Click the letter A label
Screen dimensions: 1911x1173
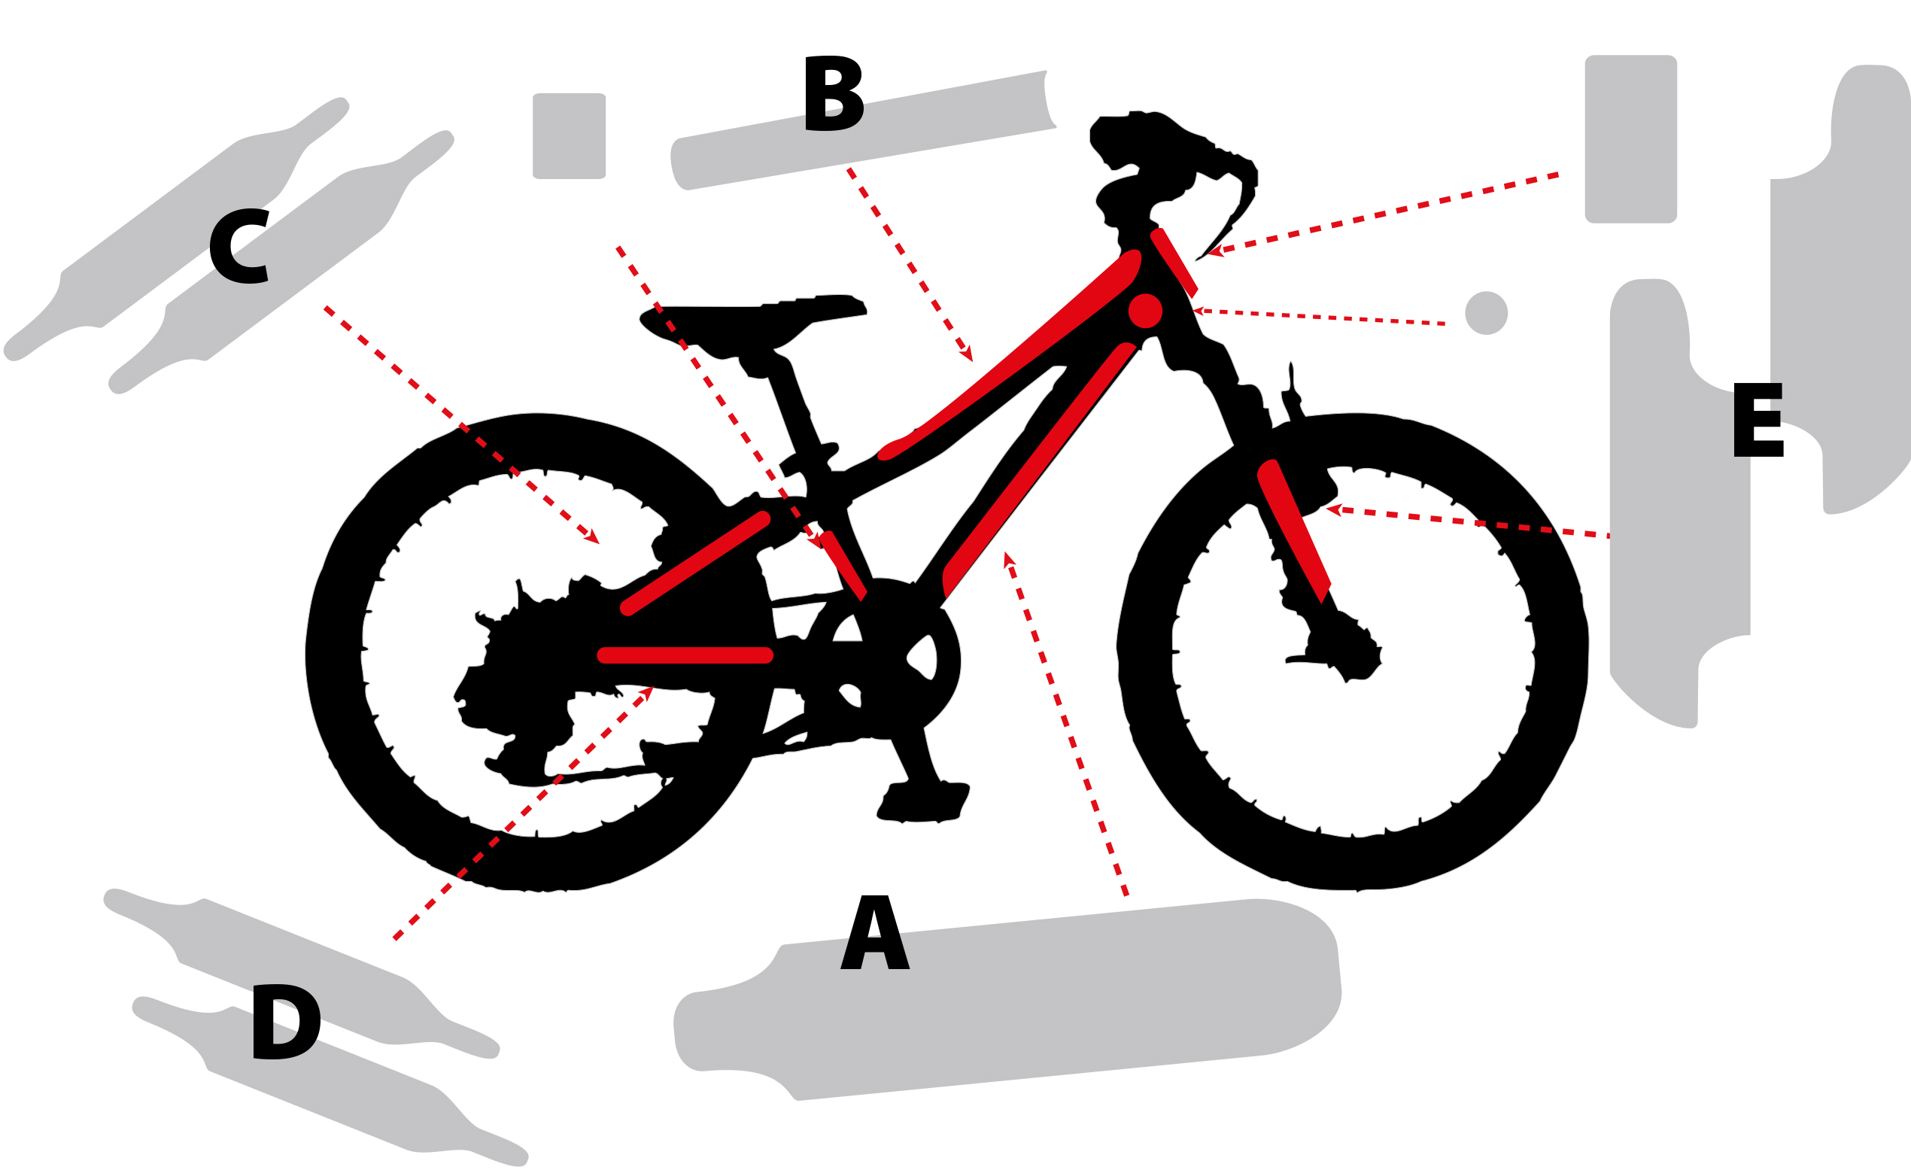point(874,932)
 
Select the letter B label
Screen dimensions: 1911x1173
point(834,93)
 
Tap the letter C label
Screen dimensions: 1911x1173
point(240,246)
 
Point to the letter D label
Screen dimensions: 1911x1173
point(286,1021)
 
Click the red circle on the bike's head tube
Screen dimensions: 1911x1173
point(1146,311)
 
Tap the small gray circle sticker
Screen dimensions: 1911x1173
point(1486,314)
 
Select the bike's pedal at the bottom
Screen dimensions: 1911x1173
point(923,804)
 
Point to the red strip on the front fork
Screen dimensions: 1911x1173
point(1293,530)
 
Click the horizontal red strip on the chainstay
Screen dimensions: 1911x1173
point(685,655)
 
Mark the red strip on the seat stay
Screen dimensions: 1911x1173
point(695,564)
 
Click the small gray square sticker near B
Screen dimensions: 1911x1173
point(570,135)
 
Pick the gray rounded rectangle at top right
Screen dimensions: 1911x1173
point(1631,139)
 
